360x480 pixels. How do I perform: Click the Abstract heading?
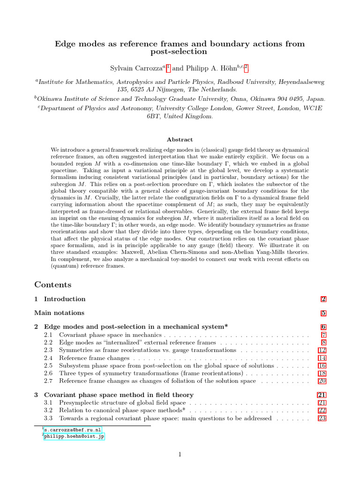tap(180, 139)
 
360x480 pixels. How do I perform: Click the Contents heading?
tap(53, 285)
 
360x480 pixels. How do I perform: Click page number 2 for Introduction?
tap(323, 299)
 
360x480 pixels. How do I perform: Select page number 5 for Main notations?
tap(323, 313)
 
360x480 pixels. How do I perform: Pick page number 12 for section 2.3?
tap(322, 350)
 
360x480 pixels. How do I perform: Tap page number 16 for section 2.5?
tap(322, 366)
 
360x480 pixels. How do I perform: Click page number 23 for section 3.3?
tap(322, 418)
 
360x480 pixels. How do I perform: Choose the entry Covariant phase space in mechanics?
tap(110, 335)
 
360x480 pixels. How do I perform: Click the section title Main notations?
tap(59, 313)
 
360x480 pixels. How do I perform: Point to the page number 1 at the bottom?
tap(180, 454)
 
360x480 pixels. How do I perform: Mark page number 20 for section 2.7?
tap(322, 381)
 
